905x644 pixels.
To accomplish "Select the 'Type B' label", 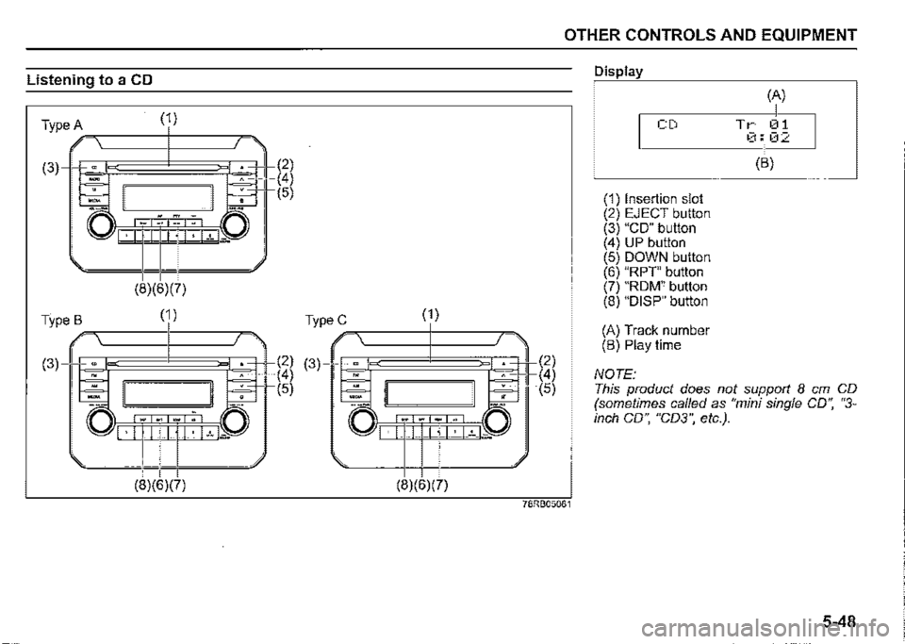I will [63, 318].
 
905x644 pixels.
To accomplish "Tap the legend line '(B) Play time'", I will [641, 345].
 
